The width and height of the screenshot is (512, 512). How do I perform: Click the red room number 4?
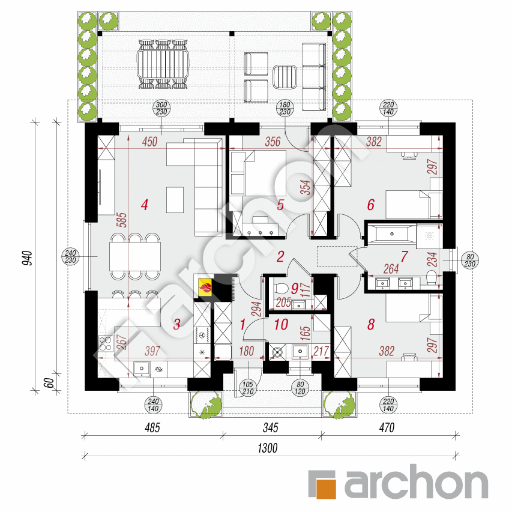tap(145, 205)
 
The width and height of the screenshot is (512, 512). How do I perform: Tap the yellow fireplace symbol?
tap(205, 288)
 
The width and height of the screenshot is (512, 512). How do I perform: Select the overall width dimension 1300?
tap(268, 448)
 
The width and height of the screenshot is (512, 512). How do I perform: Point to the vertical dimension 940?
tap(28, 258)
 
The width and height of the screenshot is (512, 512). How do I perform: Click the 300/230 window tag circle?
tap(161, 109)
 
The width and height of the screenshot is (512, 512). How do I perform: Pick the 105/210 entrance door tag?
tap(248, 388)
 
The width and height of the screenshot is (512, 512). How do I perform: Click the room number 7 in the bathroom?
tap(404, 256)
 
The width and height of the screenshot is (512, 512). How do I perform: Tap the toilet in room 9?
tap(281, 288)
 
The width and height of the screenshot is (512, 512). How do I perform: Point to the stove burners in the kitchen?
tap(105, 344)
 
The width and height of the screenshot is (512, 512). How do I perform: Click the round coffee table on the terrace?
tap(285, 77)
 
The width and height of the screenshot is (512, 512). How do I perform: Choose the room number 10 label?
tap(281, 324)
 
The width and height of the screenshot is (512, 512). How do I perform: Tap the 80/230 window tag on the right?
tap(470, 261)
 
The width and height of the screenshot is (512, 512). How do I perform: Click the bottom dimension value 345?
tap(270, 427)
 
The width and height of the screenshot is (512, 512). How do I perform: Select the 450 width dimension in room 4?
tap(150, 142)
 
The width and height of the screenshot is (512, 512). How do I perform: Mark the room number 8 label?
tap(371, 324)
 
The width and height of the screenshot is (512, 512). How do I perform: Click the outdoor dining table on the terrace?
tap(163, 64)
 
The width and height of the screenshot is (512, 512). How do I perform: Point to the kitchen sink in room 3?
tap(142, 369)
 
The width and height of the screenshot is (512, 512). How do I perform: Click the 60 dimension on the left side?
tap(49, 383)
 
